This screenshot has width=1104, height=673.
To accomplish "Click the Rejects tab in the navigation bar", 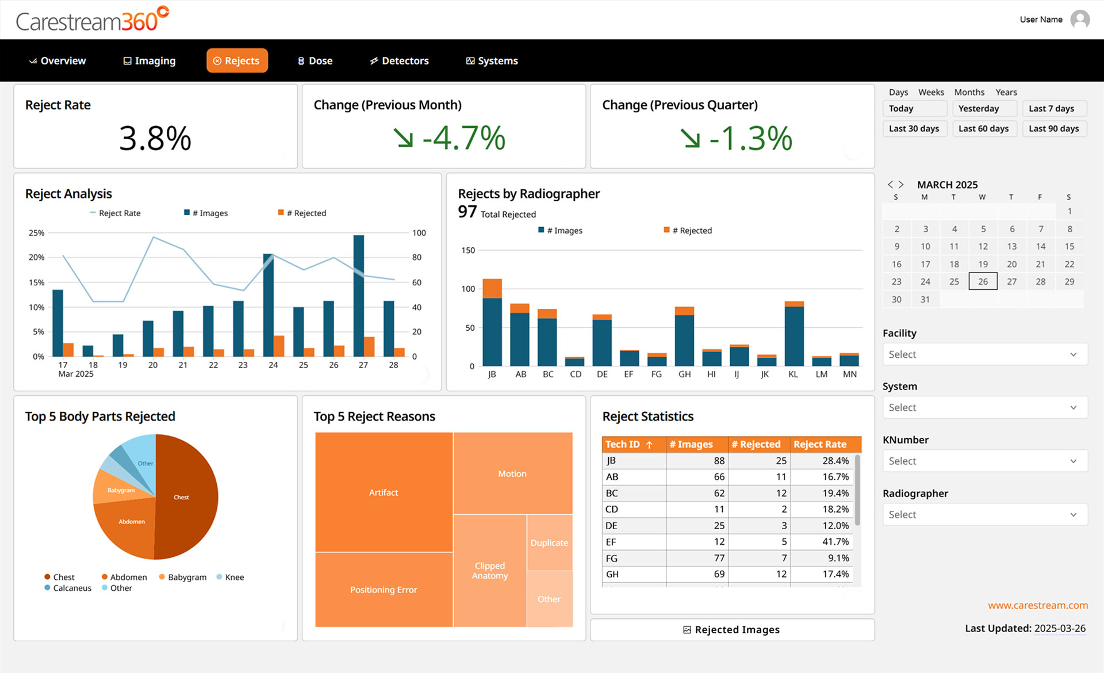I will tap(237, 61).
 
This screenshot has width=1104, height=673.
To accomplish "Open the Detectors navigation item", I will tap(400, 61).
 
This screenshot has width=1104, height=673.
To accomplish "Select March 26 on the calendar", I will tap(983, 282).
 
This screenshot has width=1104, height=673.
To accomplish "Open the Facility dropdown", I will tap(984, 354).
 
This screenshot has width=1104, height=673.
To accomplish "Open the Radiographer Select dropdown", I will tap(984, 514).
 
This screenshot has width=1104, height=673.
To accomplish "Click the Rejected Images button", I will tap(732, 630).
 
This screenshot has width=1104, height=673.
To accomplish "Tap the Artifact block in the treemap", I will tap(384, 492).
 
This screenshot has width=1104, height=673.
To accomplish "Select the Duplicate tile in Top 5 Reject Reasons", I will tap(549, 542).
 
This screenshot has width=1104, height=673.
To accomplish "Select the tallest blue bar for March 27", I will tap(359, 296).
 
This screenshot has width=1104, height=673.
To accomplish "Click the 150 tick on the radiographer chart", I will tap(468, 250).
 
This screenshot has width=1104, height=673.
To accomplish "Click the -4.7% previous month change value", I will tap(463, 139).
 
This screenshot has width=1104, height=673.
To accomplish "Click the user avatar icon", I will tap(1080, 20).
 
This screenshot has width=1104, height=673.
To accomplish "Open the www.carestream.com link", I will tap(1037, 605).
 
